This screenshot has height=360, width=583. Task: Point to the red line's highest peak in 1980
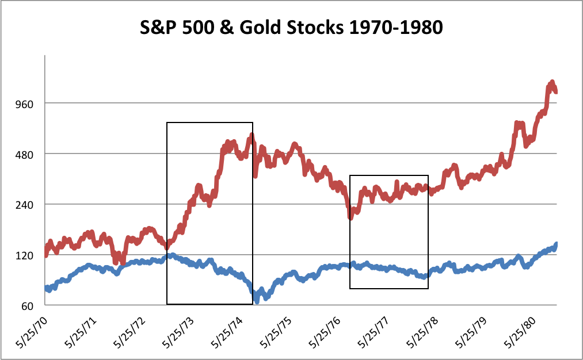point(551,82)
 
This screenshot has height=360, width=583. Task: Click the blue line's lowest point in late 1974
point(257,301)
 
